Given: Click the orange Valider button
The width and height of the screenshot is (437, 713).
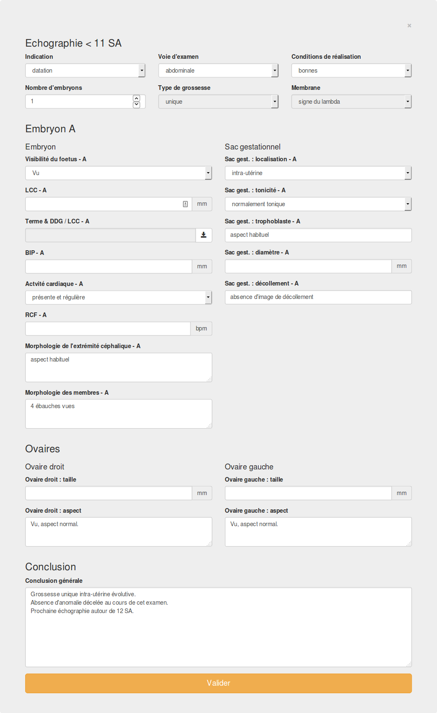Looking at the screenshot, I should [218, 683].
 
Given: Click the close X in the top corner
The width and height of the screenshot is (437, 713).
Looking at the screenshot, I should [409, 26].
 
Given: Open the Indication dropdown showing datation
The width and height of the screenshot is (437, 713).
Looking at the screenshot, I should [85, 71].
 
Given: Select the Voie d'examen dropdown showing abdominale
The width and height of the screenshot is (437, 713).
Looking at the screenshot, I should [218, 71].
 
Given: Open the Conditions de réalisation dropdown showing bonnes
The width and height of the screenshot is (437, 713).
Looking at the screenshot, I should [351, 71].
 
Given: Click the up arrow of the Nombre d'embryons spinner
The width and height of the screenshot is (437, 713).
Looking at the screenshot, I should [136, 98].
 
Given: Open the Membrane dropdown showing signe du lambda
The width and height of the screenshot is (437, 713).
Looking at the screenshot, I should [351, 102].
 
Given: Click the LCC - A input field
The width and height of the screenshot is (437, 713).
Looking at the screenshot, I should [103, 204].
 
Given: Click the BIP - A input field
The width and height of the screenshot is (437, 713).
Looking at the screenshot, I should [108, 267].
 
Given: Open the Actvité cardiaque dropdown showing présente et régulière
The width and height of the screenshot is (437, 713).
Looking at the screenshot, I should [118, 297].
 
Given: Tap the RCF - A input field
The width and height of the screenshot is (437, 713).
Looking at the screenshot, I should [107, 329].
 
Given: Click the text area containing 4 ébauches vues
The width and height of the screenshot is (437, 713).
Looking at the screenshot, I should [118, 414].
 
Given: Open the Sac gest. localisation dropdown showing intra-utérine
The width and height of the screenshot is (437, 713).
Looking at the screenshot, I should [318, 173].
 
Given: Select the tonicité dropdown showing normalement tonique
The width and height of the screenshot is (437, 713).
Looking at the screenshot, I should [318, 204].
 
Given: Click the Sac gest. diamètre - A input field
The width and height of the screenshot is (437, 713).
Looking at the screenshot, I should [308, 266].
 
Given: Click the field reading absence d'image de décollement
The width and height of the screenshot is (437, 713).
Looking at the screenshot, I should [318, 297].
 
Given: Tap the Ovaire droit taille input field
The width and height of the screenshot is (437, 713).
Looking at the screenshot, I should [108, 493].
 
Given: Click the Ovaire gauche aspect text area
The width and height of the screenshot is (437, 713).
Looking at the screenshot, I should [318, 532].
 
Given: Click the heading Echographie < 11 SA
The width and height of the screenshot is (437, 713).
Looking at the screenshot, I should [73, 43].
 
